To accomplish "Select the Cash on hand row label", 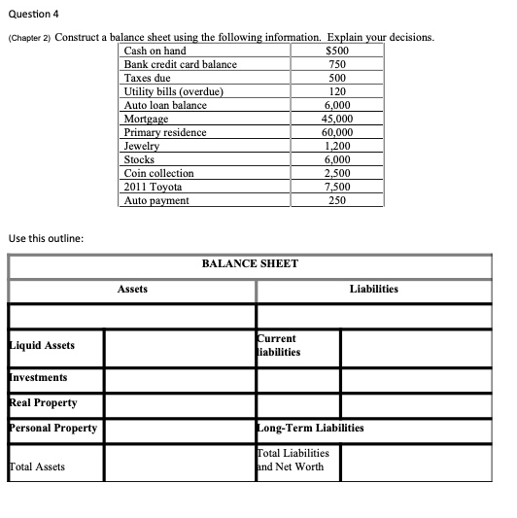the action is pos(155,51).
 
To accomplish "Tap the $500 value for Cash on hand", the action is pos(337,51).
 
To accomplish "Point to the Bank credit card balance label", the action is pos(181,64).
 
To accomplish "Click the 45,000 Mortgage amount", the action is pos(336,119).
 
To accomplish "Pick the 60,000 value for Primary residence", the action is pos(336,132).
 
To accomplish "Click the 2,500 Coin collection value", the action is pos(336,173).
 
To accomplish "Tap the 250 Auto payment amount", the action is pos(336,200).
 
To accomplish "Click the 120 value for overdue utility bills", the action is pos(336,91).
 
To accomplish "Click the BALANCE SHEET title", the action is pos(250,263).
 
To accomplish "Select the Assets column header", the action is pos(133,289).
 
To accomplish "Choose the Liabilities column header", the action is pos(374,289).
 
